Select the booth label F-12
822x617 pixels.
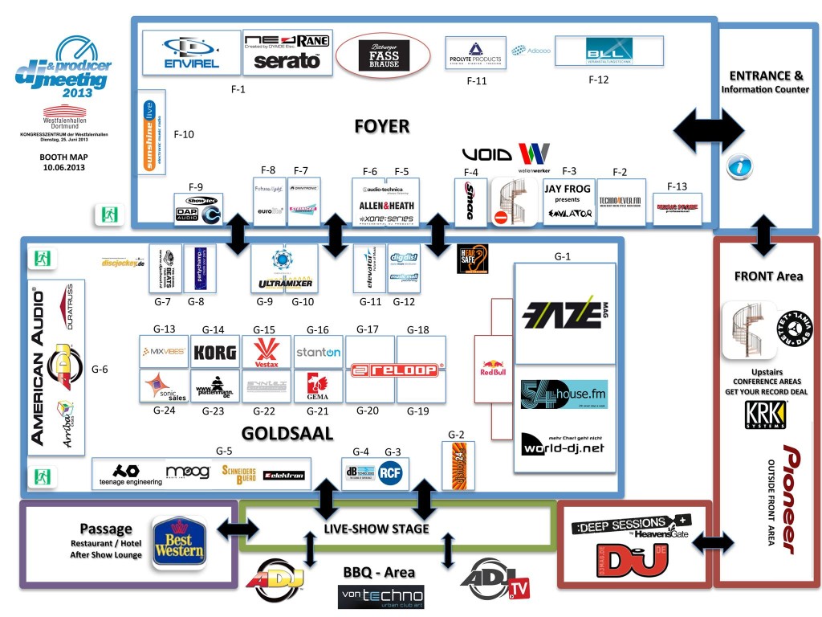point(599,80)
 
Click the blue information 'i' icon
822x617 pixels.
point(739,167)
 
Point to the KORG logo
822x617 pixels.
point(214,352)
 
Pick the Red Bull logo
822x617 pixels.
point(493,367)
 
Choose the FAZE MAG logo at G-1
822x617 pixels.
point(564,313)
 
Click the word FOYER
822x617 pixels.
point(382,126)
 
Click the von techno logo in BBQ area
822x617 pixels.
point(381,595)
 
